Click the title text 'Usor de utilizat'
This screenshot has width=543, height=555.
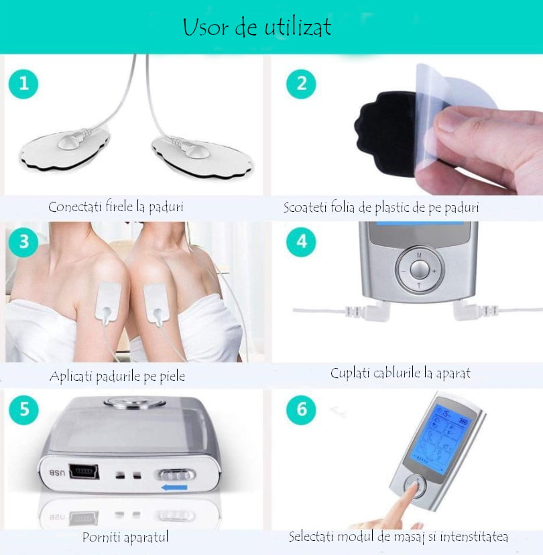click(x=257, y=29)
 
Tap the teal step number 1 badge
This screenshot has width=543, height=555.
click(x=23, y=85)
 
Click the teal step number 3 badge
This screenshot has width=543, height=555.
click(x=23, y=242)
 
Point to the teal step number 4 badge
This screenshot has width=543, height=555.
click(x=301, y=242)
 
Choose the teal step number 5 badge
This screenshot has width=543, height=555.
click(x=23, y=409)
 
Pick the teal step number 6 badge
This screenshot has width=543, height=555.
click(x=301, y=409)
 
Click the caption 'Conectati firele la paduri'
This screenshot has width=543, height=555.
click(x=115, y=207)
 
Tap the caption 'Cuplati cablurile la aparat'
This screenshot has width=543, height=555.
click(x=400, y=373)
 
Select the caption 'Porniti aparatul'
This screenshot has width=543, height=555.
click(x=125, y=537)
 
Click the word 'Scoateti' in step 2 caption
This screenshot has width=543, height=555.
click(x=306, y=208)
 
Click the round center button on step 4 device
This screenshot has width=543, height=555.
click(x=418, y=269)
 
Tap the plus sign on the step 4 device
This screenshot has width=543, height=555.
click(x=434, y=271)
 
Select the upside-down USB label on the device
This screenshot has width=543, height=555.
click(x=56, y=473)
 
